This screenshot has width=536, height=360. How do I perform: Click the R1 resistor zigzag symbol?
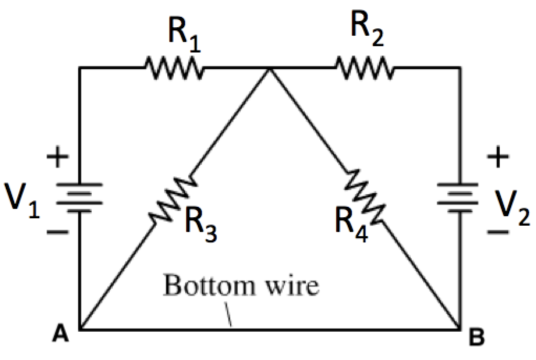pos(174,68)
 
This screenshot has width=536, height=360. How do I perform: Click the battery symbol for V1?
pos(79,197)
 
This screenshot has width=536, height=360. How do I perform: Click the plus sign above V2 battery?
pos(498,156)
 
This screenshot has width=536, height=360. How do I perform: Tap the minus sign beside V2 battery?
pos(498,231)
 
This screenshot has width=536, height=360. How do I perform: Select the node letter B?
pos(476,338)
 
